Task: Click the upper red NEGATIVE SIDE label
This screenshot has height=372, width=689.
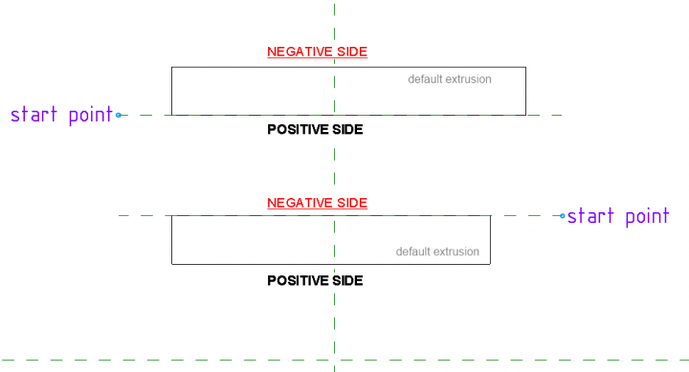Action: tap(318, 52)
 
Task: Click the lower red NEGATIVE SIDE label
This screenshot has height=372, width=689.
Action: tap(318, 203)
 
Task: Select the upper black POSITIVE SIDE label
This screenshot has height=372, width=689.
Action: tap(315, 129)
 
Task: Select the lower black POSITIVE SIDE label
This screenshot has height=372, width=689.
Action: tap(315, 281)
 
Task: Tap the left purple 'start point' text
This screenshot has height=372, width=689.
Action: tap(60, 115)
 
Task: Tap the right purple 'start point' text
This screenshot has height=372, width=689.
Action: tap(618, 216)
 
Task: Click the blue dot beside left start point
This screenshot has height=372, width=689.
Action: tap(119, 115)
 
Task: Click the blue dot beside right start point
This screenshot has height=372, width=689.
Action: tap(562, 216)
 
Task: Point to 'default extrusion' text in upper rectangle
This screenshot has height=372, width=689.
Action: tap(450, 79)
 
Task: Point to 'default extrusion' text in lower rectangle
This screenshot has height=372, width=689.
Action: tap(437, 252)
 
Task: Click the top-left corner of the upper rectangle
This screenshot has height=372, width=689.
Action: tap(172, 67)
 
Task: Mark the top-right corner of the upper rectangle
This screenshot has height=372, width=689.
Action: tap(525, 67)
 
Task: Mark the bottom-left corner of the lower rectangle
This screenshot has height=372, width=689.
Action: tap(172, 264)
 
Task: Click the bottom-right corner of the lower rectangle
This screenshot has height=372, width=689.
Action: tap(491, 264)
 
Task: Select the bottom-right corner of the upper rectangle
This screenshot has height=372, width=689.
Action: tap(525, 115)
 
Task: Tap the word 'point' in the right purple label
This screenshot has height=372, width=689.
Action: tap(644, 217)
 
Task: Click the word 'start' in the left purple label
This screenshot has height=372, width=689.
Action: tap(33, 115)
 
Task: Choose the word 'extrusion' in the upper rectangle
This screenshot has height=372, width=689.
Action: tap(469, 79)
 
